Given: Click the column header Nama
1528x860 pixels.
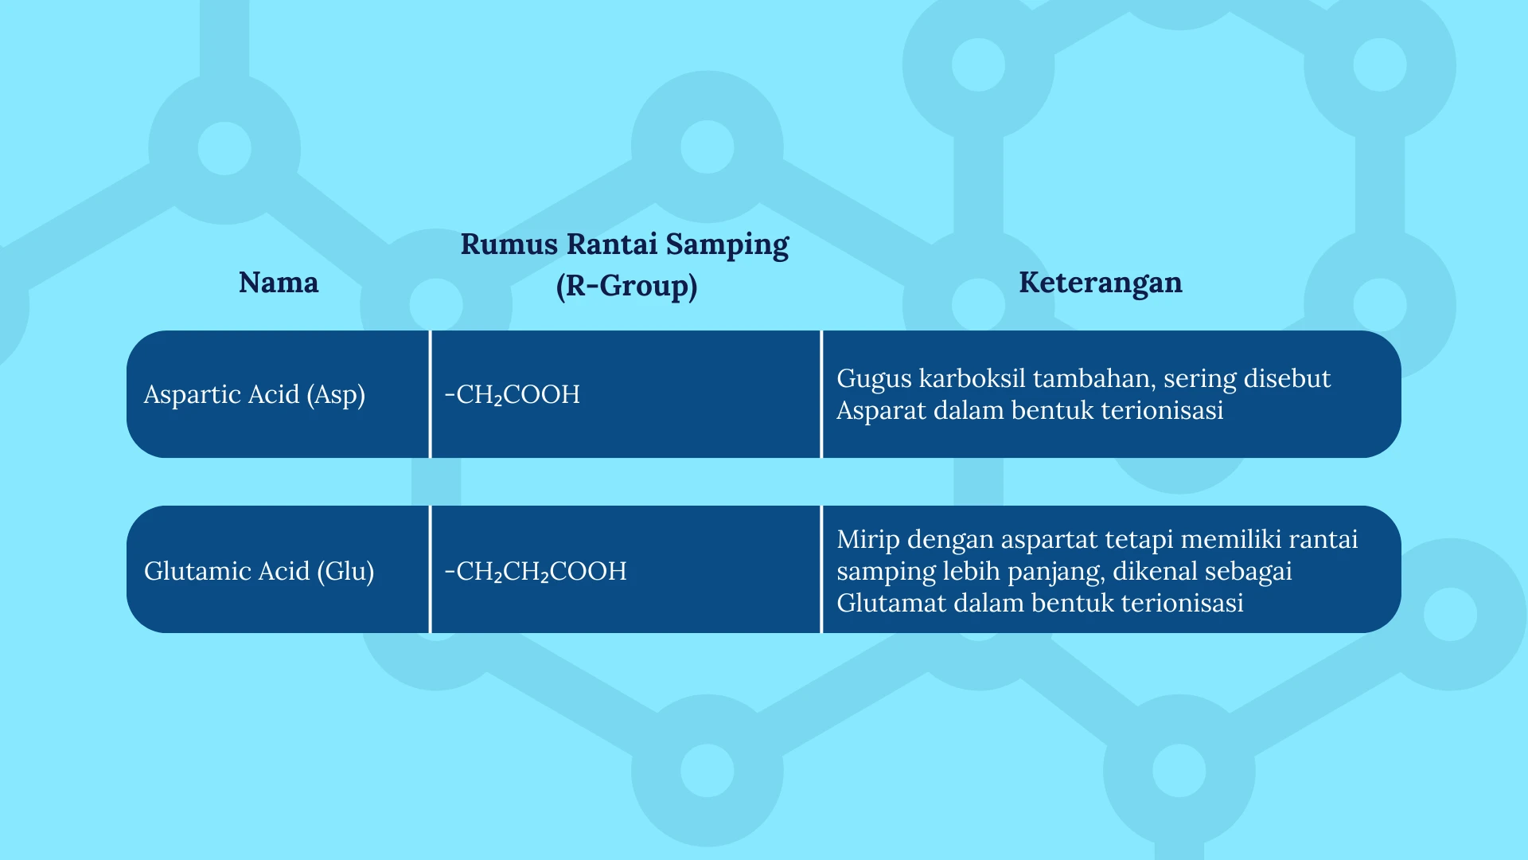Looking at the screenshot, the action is click(x=279, y=283).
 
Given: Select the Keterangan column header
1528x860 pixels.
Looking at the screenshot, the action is click(x=1101, y=283).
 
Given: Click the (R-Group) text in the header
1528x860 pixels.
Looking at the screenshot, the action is click(x=626, y=286).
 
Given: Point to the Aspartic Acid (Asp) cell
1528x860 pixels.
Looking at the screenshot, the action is click(x=255, y=395).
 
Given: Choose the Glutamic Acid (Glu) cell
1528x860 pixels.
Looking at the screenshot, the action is click(x=259, y=572).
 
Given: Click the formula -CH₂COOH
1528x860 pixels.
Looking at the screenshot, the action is click(x=513, y=395).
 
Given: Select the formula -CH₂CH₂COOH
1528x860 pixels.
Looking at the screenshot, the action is click(x=536, y=572).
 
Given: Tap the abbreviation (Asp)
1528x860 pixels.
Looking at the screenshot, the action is click(x=336, y=395).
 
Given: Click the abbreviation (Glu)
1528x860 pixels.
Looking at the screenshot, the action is click(x=345, y=572).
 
